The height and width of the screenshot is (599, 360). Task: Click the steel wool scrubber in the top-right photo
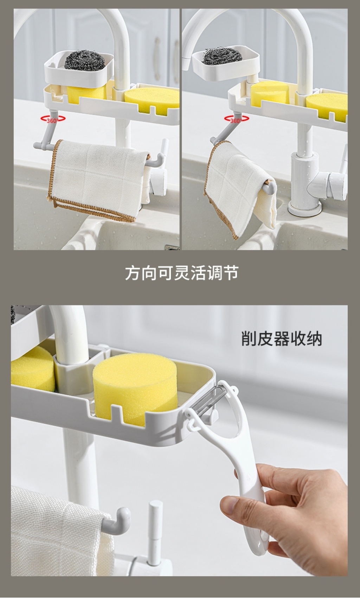pyautogui.click(x=223, y=56)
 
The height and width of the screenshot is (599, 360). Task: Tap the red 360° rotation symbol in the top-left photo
pyautogui.click(x=53, y=119)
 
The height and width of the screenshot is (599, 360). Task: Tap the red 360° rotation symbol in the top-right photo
pyautogui.click(x=237, y=119)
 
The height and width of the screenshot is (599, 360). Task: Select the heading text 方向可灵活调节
pyautogui.click(x=182, y=273)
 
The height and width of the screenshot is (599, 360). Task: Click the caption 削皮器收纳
pyautogui.click(x=282, y=338)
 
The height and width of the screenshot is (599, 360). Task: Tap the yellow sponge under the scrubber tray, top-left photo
pyautogui.click(x=86, y=96)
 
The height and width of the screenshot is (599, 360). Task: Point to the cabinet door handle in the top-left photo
pyautogui.click(x=157, y=57)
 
